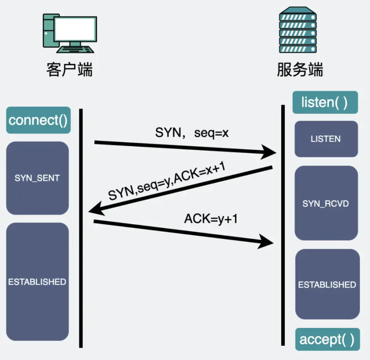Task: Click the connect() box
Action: pyautogui.click(x=38, y=120)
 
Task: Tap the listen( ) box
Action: pyautogui.click(x=325, y=102)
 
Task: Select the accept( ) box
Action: pyautogui.click(x=327, y=339)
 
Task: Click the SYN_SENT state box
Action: pyautogui.click(x=37, y=178)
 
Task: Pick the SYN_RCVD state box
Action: pyautogui.click(x=326, y=203)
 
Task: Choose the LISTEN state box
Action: pyautogui.click(x=326, y=139)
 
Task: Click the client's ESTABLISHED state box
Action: pyautogui.click(x=37, y=282)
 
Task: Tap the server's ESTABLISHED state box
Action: pyautogui.click(x=327, y=284)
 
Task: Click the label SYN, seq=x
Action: pyautogui.click(x=192, y=133)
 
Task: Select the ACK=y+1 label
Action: pyautogui.click(x=211, y=219)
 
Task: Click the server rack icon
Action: pyautogui.click(x=298, y=30)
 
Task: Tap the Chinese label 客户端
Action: pyautogui.click(x=69, y=70)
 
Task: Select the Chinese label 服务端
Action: pyautogui.click(x=300, y=70)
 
